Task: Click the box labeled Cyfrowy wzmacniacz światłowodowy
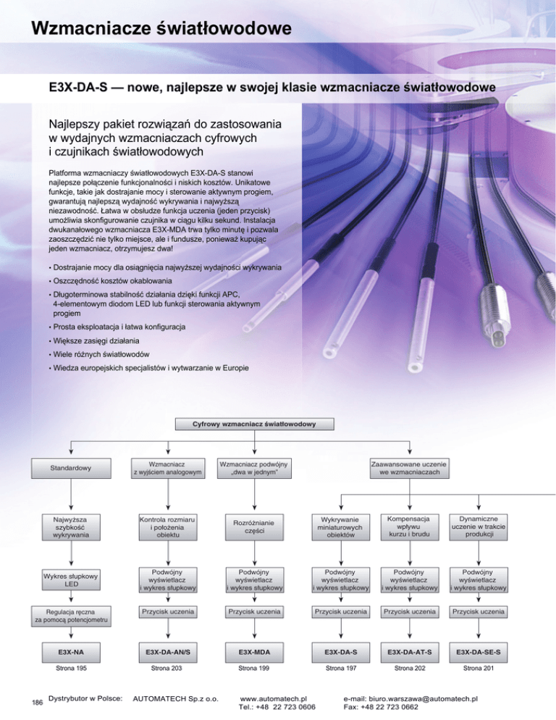coord(254,424)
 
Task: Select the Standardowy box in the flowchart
coord(71,469)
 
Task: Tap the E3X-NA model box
coord(71,652)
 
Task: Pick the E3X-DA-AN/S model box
coord(168,652)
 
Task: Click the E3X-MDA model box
coord(254,652)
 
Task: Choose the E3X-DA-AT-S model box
coord(410,652)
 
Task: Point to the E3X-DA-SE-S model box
coord(479,652)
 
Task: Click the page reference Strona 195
coord(71,668)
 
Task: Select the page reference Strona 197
coord(341,668)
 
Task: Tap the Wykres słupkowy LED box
coord(71,580)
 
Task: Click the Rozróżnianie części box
coord(254,527)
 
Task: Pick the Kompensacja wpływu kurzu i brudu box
coord(410,527)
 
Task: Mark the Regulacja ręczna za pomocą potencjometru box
coord(71,616)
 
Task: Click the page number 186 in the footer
coord(37,702)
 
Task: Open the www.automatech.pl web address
coord(273,699)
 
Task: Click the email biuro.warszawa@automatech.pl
coord(423,699)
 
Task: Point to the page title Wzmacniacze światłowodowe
coord(161,28)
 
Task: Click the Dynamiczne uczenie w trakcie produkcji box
coord(479,527)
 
